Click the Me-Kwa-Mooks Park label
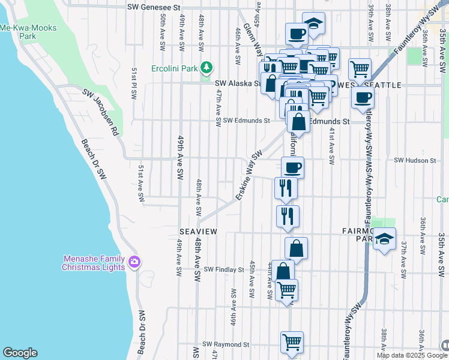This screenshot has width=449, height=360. [17, 32]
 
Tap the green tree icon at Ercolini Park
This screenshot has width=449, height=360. [207, 68]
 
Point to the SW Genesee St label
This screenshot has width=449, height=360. [154, 8]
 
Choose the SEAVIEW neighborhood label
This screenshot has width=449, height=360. [197, 231]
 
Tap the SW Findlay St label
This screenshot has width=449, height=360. [224, 270]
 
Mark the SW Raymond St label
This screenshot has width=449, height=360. [226, 345]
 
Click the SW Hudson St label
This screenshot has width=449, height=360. [415, 161]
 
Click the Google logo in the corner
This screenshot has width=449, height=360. [20, 353]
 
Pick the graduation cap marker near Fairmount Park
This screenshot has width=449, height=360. [384, 239]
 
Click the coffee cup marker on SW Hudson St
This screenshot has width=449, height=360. [292, 167]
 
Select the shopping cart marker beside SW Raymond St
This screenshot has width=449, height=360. [292, 342]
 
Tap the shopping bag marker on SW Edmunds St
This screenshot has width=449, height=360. [298, 121]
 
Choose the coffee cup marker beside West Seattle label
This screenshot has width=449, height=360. [362, 97]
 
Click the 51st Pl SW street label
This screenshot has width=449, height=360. [133, 83]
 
